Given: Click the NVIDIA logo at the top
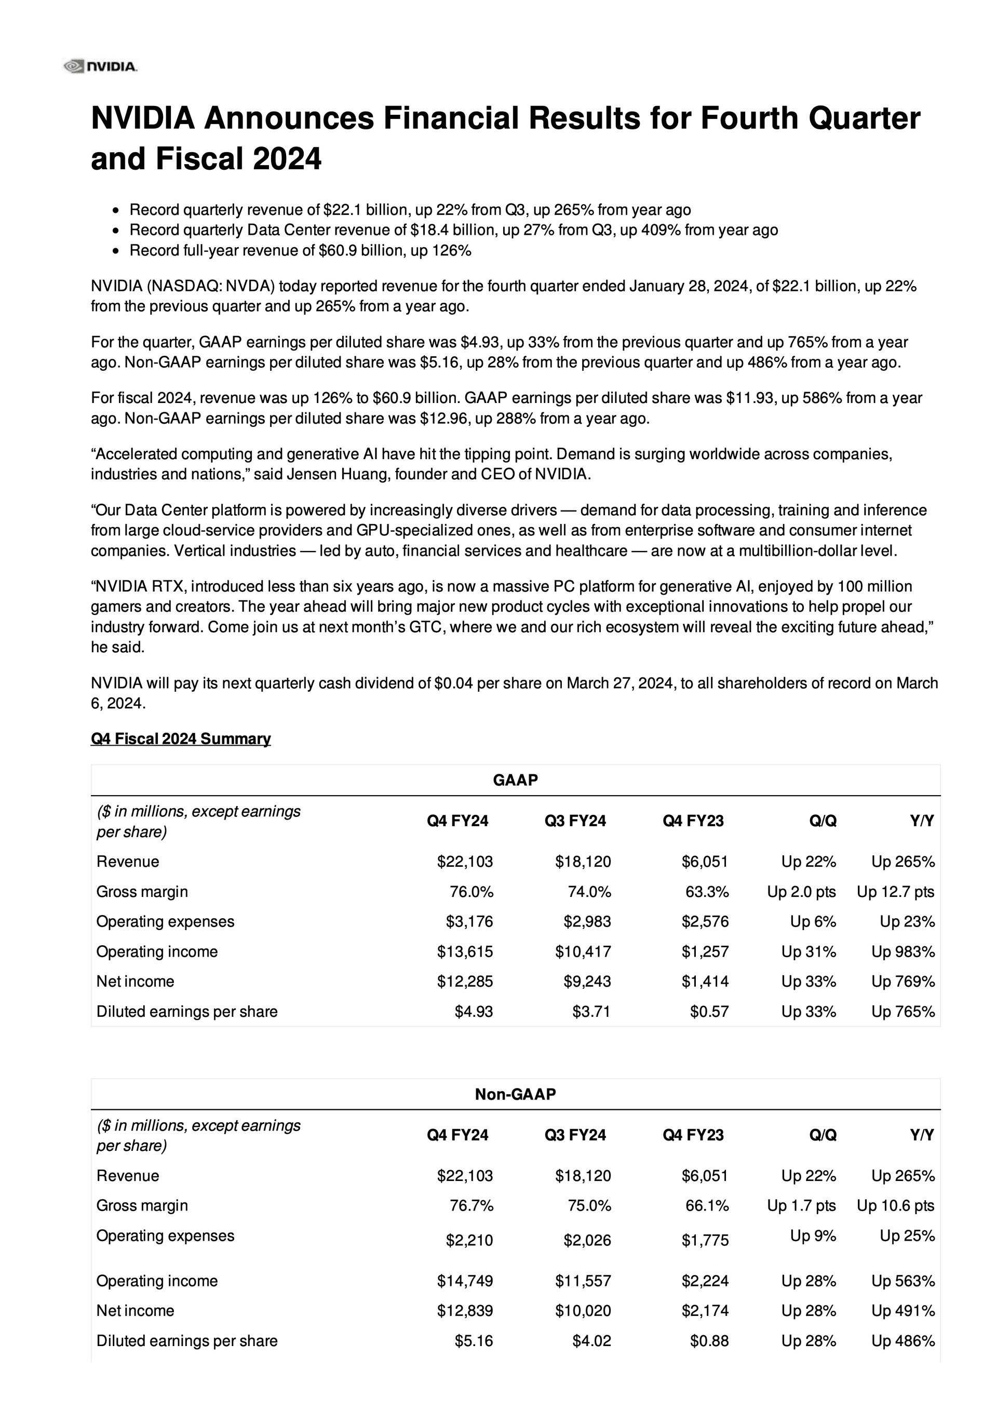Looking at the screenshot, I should click(101, 66).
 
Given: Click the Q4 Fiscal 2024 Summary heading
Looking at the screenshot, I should click(181, 738).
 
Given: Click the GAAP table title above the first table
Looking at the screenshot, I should click(515, 780).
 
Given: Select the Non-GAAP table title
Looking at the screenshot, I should click(515, 1094).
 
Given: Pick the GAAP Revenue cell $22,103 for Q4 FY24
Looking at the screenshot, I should click(465, 862).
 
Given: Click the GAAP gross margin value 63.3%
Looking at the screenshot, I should click(707, 892).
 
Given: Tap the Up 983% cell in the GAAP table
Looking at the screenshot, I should click(902, 951).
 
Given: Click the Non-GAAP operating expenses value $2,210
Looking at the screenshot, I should click(469, 1240).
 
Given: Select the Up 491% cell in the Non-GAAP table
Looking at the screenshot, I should click(902, 1311).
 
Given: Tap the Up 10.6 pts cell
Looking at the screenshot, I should click(895, 1206).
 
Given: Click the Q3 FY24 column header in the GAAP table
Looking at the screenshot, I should click(575, 821).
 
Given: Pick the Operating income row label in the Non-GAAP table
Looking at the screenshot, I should click(157, 1281).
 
